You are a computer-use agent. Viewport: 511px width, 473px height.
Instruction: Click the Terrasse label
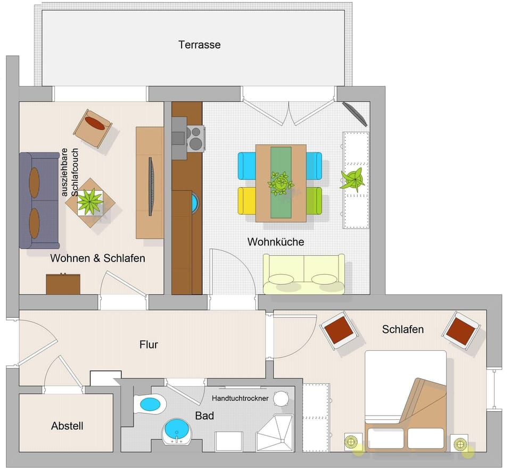[x=199, y=45]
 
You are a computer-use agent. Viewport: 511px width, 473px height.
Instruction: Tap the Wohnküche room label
[x=276, y=242]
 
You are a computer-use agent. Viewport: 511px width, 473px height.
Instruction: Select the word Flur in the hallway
[x=149, y=344]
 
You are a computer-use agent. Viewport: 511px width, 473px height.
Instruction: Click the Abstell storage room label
[x=67, y=426]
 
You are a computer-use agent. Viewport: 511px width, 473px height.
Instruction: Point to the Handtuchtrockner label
[x=241, y=398]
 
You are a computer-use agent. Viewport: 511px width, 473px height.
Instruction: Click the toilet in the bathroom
[x=149, y=404]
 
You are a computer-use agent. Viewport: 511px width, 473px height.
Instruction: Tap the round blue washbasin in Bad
[x=177, y=430]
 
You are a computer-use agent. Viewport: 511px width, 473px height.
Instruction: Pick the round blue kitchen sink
[x=194, y=202]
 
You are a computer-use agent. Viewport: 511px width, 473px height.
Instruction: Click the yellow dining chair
[x=247, y=200]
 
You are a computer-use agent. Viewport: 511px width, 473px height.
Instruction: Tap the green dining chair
[x=314, y=200]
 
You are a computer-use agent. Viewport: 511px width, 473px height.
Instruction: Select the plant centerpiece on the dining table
[x=281, y=183]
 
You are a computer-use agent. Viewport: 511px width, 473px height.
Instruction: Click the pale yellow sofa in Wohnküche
[x=304, y=274]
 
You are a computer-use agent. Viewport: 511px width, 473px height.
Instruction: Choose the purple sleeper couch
[x=39, y=200]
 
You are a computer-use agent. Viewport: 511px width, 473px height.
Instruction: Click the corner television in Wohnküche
[x=355, y=113]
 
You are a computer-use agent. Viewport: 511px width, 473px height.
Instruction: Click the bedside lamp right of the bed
[x=459, y=443]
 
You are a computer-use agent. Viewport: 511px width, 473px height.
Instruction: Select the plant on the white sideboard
[x=353, y=180]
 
